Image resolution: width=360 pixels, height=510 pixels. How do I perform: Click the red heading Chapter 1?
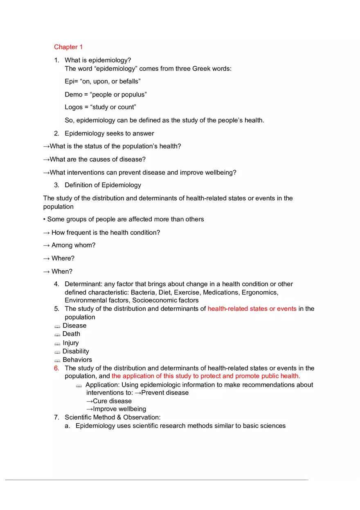click(x=68, y=47)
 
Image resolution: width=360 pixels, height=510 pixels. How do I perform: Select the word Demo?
click(x=73, y=94)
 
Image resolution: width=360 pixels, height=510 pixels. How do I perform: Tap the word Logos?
click(x=74, y=107)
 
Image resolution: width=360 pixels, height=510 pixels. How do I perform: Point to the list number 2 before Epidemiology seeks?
click(x=56, y=133)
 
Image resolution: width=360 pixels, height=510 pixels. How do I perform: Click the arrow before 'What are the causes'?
click(x=46, y=159)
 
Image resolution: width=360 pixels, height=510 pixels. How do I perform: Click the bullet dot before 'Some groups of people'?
click(x=45, y=219)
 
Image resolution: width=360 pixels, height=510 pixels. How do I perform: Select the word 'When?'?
click(x=62, y=271)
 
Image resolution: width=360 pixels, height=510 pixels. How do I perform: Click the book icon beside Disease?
click(x=57, y=326)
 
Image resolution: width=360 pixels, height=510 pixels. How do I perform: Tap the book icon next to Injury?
click(x=57, y=343)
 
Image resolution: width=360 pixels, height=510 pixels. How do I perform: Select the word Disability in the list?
click(x=76, y=351)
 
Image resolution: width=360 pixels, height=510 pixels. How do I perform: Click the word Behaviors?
click(x=77, y=360)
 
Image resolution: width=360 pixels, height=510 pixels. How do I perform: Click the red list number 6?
click(x=56, y=368)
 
